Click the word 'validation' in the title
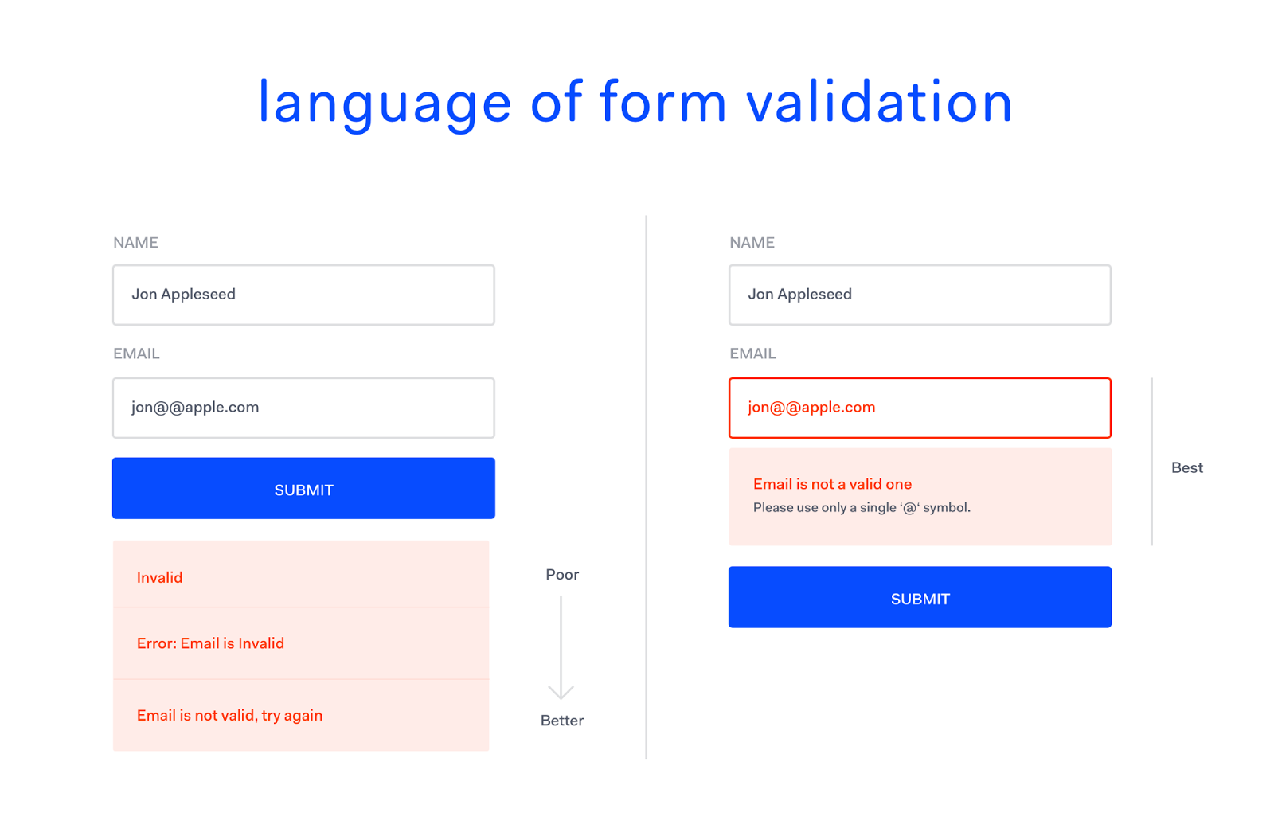point(879,103)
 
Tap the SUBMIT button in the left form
point(303,488)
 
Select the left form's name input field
point(303,295)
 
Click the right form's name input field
point(920,295)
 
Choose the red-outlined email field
point(920,408)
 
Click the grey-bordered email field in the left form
point(303,408)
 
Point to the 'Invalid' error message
point(159,578)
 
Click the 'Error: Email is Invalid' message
point(210,643)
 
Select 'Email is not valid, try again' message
point(230,716)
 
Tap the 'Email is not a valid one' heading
point(833,484)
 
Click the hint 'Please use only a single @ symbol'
point(862,507)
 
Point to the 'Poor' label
point(562,574)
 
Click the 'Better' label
point(562,721)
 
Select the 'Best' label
point(1187,467)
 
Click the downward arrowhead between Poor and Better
point(561,693)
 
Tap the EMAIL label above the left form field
point(136,354)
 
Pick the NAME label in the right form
point(752,243)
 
